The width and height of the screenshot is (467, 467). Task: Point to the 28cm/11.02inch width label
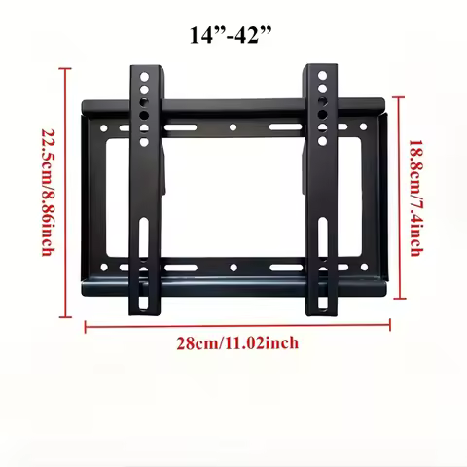tap(237, 342)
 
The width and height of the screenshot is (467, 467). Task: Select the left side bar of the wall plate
tap(94, 195)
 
